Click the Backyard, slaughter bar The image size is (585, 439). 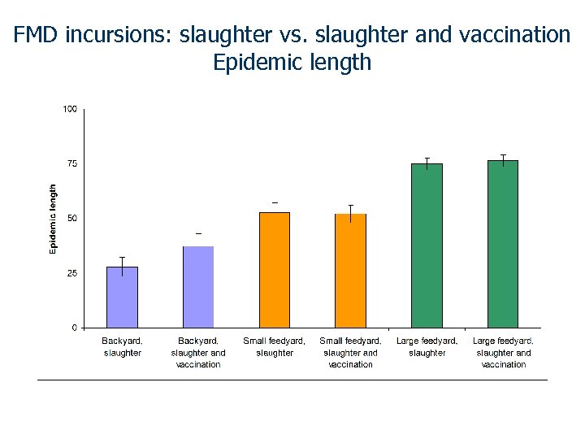(122, 297)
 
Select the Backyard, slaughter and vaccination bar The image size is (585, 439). (198, 287)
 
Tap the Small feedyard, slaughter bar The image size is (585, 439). (275, 270)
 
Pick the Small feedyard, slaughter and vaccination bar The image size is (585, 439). (350, 271)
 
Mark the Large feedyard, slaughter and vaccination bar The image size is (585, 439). (503, 244)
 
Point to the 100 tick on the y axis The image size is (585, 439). (71, 109)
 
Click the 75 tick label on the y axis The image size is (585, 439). (71, 163)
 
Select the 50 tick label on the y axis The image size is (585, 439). (71, 219)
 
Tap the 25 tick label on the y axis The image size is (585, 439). (71, 273)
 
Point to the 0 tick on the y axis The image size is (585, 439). (74, 328)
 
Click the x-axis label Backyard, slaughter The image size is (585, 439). (122, 347)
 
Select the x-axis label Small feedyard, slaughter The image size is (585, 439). (275, 347)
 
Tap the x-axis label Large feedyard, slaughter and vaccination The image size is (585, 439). (503, 353)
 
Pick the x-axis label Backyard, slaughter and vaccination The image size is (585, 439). (198, 353)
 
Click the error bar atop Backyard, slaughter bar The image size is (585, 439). (122, 266)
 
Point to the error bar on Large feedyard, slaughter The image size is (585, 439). (427, 163)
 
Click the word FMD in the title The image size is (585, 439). (37, 35)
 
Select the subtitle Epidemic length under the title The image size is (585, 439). (292, 62)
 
